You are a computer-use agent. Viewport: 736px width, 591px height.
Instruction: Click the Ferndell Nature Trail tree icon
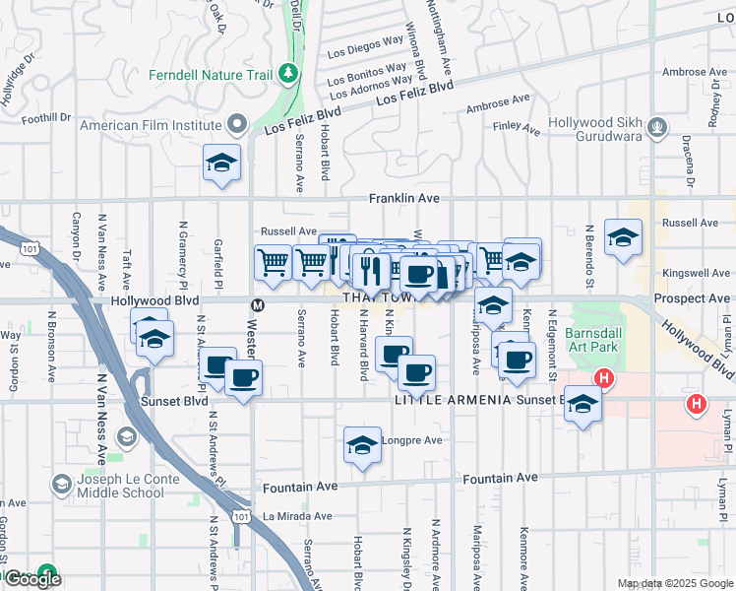click(x=287, y=72)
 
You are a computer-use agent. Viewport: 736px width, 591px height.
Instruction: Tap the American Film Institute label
click(x=150, y=125)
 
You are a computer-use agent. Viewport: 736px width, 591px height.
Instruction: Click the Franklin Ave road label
click(x=403, y=198)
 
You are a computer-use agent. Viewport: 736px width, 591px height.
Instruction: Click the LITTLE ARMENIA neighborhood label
click(x=454, y=401)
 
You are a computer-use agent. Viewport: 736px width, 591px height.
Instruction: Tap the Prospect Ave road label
click(x=692, y=298)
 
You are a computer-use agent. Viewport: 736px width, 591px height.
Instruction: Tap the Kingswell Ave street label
click(x=697, y=273)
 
